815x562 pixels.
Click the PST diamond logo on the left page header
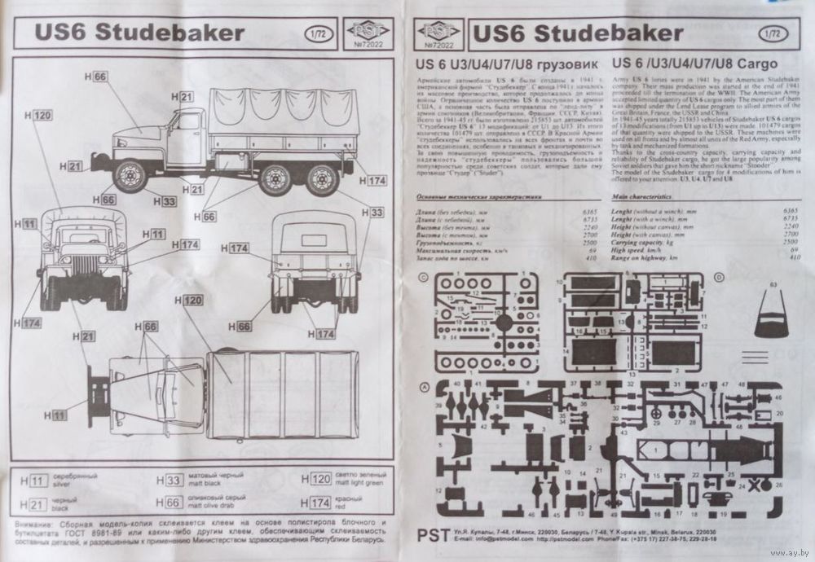tap(364, 30)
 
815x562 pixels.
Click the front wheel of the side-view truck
tap(130, 177)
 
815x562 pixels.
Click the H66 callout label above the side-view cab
tap(97, 77)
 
